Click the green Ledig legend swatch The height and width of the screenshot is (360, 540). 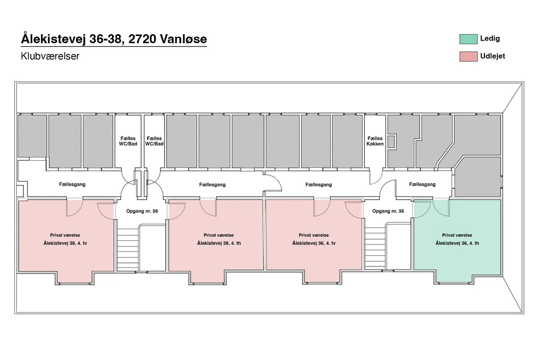(x=468, y=39)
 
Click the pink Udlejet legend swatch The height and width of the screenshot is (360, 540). (x=468, y=56)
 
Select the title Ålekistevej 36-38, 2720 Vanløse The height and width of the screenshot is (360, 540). (x=114, y=39)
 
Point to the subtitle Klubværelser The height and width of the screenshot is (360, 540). (x=50, y=56)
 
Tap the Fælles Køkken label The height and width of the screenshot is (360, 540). (x=375, y=141)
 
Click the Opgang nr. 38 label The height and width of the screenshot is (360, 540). (x=142, y=211)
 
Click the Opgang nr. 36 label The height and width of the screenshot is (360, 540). (x=388, y=211)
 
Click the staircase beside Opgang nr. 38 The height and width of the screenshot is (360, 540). (x=127, y=250)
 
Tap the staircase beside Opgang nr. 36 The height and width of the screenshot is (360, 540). (x=375, y=248)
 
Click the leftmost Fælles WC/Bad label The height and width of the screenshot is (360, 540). (x=128, y=141)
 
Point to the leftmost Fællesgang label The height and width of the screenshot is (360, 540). (x=72, y=184)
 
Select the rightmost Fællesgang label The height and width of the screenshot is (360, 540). (x=423, y=184)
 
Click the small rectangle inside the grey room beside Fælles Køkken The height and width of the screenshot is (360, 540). (x=391, y=142)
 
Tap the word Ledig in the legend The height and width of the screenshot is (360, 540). (x=490, y=39)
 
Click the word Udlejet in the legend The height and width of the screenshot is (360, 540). (x=492, y=56)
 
